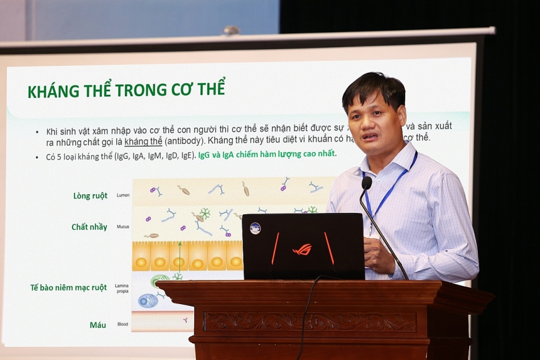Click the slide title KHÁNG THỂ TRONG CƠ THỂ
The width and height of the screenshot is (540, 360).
126,89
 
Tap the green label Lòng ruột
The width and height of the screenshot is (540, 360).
90,196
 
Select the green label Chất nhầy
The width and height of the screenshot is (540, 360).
89,227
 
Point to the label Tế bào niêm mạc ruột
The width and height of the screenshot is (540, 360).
68,287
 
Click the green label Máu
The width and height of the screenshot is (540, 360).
97,325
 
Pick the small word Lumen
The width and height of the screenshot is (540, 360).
123,196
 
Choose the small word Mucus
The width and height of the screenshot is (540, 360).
123,227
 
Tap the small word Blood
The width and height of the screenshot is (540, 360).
123,324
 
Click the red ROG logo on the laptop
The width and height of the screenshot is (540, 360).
302,249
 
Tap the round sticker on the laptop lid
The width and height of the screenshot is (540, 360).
255,228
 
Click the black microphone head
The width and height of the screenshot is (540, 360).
367,183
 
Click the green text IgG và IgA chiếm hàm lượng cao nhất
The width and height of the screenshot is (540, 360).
268,154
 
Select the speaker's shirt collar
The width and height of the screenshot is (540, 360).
398,158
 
